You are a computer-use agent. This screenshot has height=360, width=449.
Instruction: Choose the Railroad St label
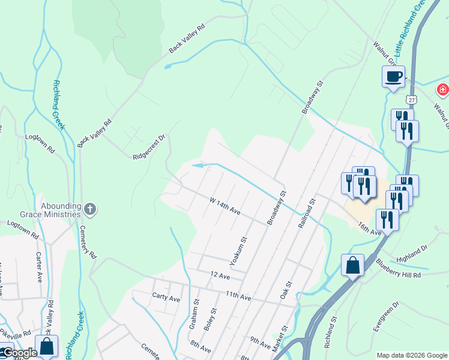coord(307,213)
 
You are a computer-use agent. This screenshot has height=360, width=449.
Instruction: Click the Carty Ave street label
coord(166,298)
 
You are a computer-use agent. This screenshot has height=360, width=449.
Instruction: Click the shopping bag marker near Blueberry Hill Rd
coord(352,265)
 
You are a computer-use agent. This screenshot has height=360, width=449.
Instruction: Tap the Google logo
coord(19,353)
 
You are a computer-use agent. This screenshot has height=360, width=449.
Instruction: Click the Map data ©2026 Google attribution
coord(412,355)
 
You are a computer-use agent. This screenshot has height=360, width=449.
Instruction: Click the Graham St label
coord(194,314)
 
